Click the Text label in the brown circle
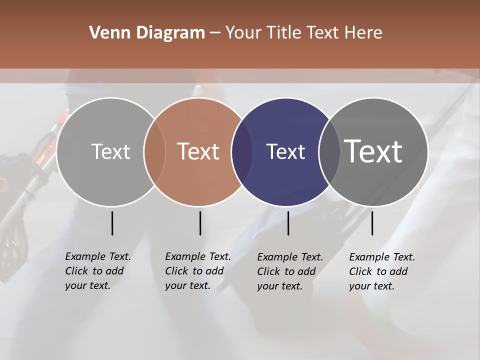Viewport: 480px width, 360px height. (x=198, y=151)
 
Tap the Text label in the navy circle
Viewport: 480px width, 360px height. (x=286, y=151)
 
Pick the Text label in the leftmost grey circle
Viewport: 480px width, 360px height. (x=111, y=151)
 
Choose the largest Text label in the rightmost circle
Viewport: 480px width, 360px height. (x=373, y=151)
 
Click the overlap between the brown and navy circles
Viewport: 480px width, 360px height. (x=241, y=151)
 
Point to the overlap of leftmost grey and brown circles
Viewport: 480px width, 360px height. (x=154, y=151)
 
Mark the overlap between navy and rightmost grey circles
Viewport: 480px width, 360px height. (x=329, y=151)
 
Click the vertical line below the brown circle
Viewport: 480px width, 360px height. (x=200, y=223)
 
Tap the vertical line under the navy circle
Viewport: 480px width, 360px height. (x=288, y=223)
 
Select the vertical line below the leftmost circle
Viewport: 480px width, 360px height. (x=112, y=223)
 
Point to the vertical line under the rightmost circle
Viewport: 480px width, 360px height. (x=372, y=223)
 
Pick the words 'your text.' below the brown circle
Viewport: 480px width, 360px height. (x=187, y=285)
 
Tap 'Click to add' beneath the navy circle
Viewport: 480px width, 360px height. (x=286, y=271)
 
